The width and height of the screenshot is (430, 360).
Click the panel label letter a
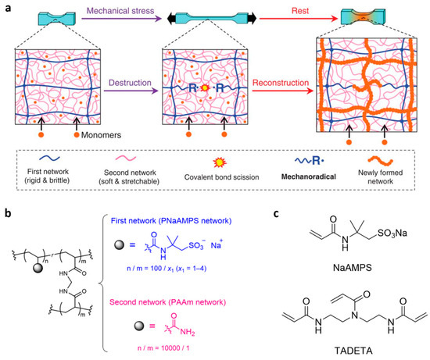coord(7,7)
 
